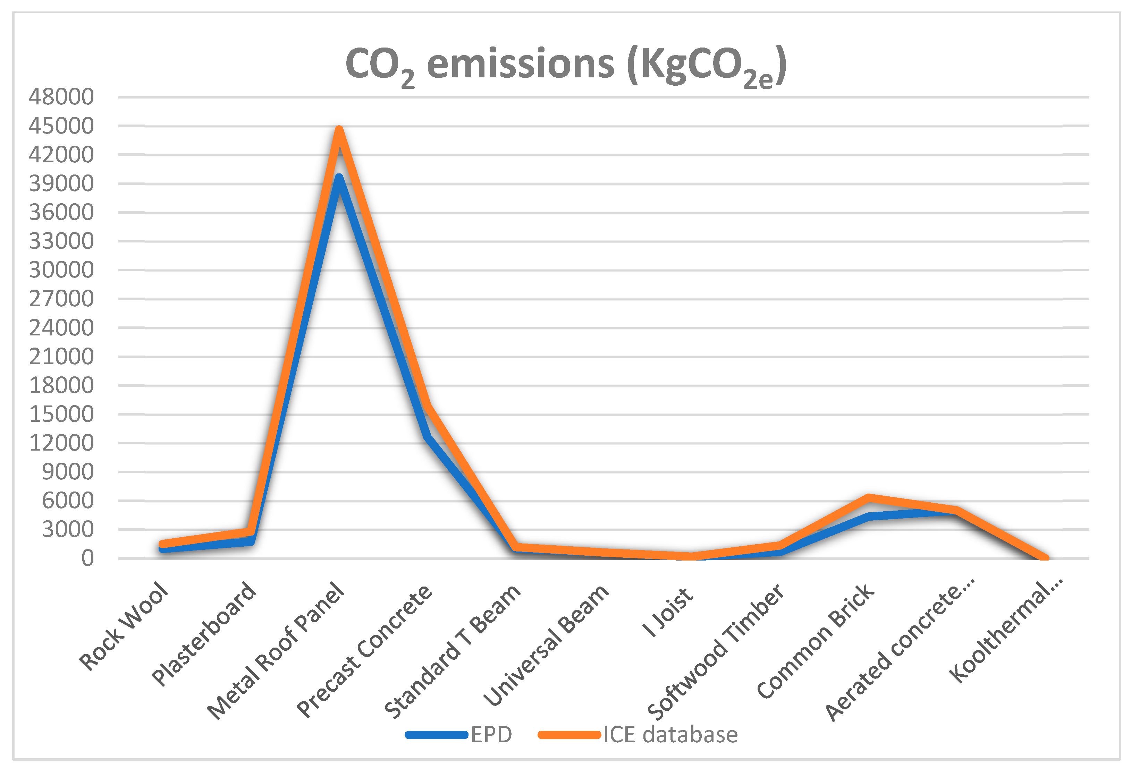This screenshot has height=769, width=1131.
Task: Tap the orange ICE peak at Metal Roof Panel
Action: coord(339,129)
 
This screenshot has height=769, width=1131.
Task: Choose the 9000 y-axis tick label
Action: coord(68,472)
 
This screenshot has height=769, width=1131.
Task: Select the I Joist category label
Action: coord(668,612)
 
